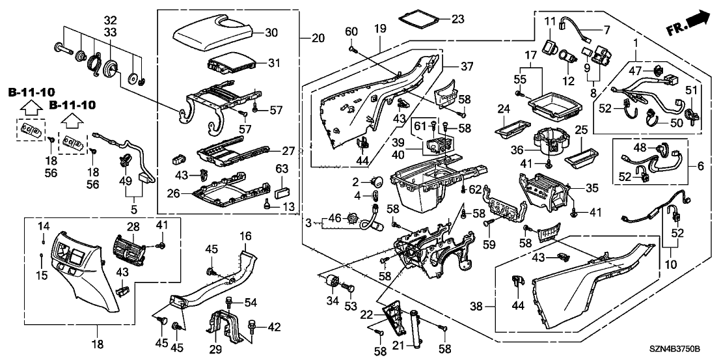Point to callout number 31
tap(273, 63)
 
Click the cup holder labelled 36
tap(551, 141)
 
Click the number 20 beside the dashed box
tap(318, 38)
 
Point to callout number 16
tap(246, 235)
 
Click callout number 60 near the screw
tap(351, 33)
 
